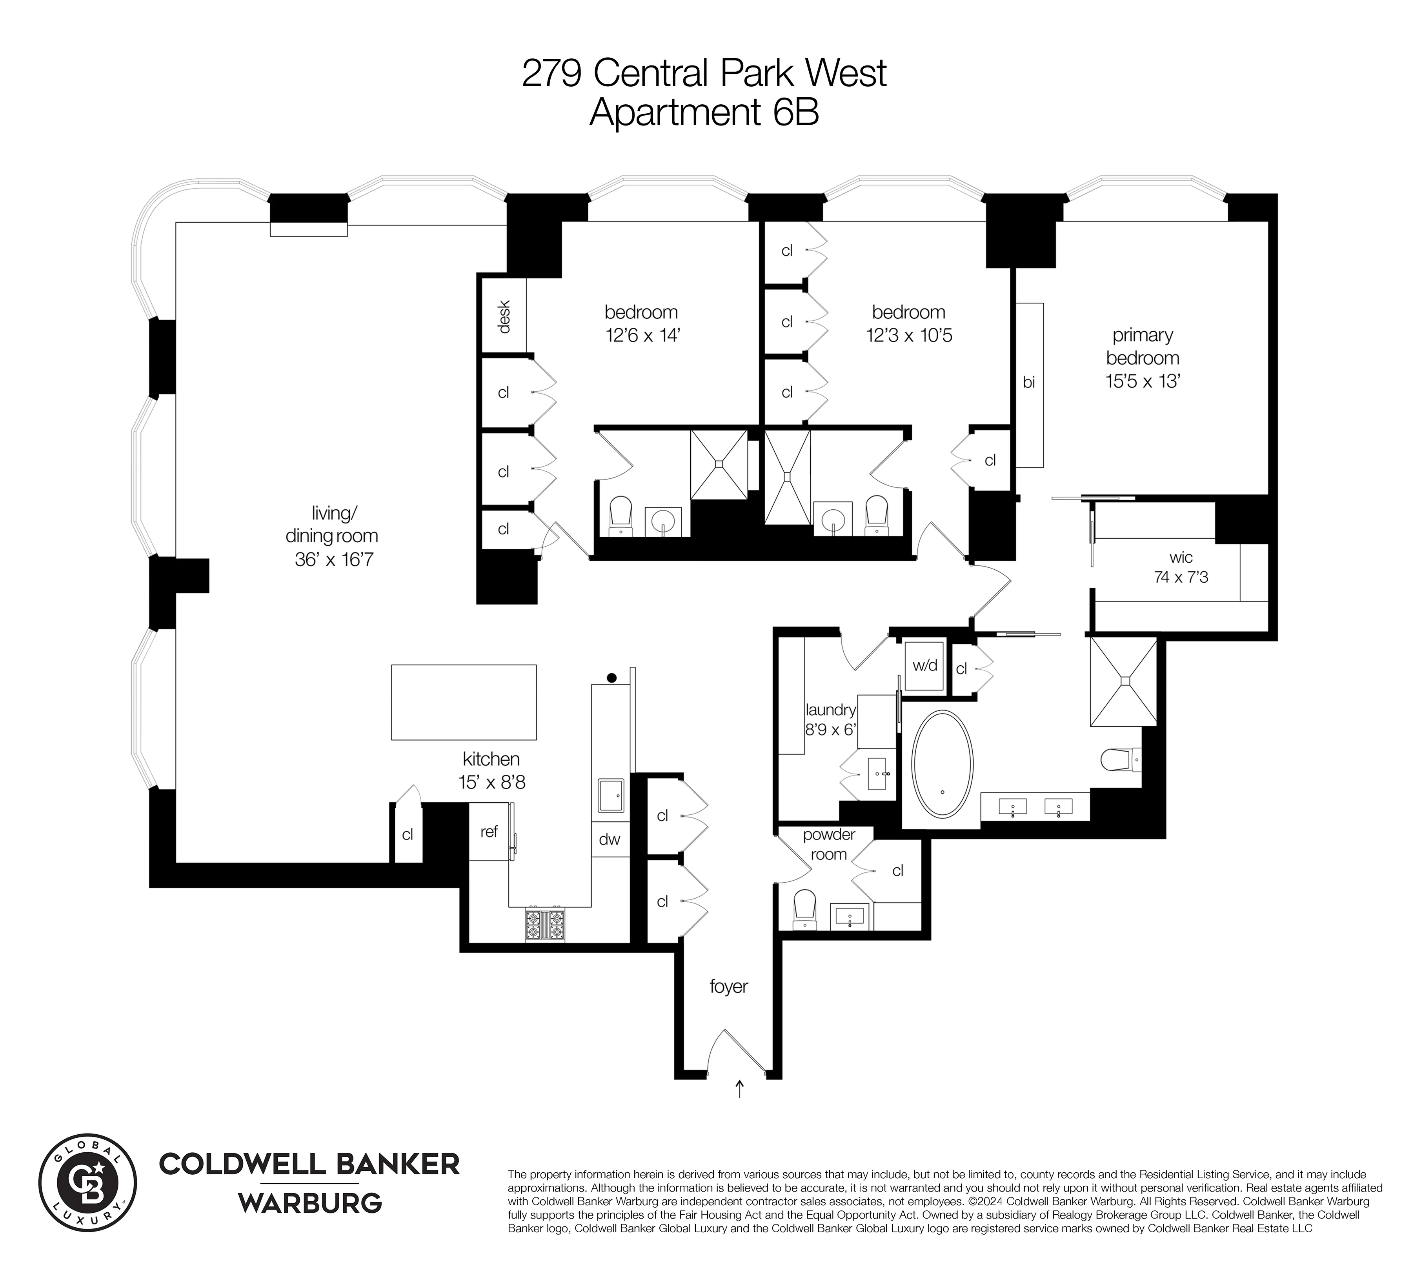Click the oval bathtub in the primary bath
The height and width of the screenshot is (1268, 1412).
coord(942,764)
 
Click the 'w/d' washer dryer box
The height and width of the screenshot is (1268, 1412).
coord(925,665)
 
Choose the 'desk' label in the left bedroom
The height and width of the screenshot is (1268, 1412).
coord(504,316)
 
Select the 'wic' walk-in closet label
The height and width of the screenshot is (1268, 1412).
coord(1181,558)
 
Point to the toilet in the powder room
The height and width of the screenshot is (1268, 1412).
coord(805,908)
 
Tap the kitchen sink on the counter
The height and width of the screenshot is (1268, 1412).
coord(611,796)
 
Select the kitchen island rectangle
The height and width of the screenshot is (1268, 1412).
coord(464,701)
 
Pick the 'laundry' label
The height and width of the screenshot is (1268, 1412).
coord(830,710)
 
